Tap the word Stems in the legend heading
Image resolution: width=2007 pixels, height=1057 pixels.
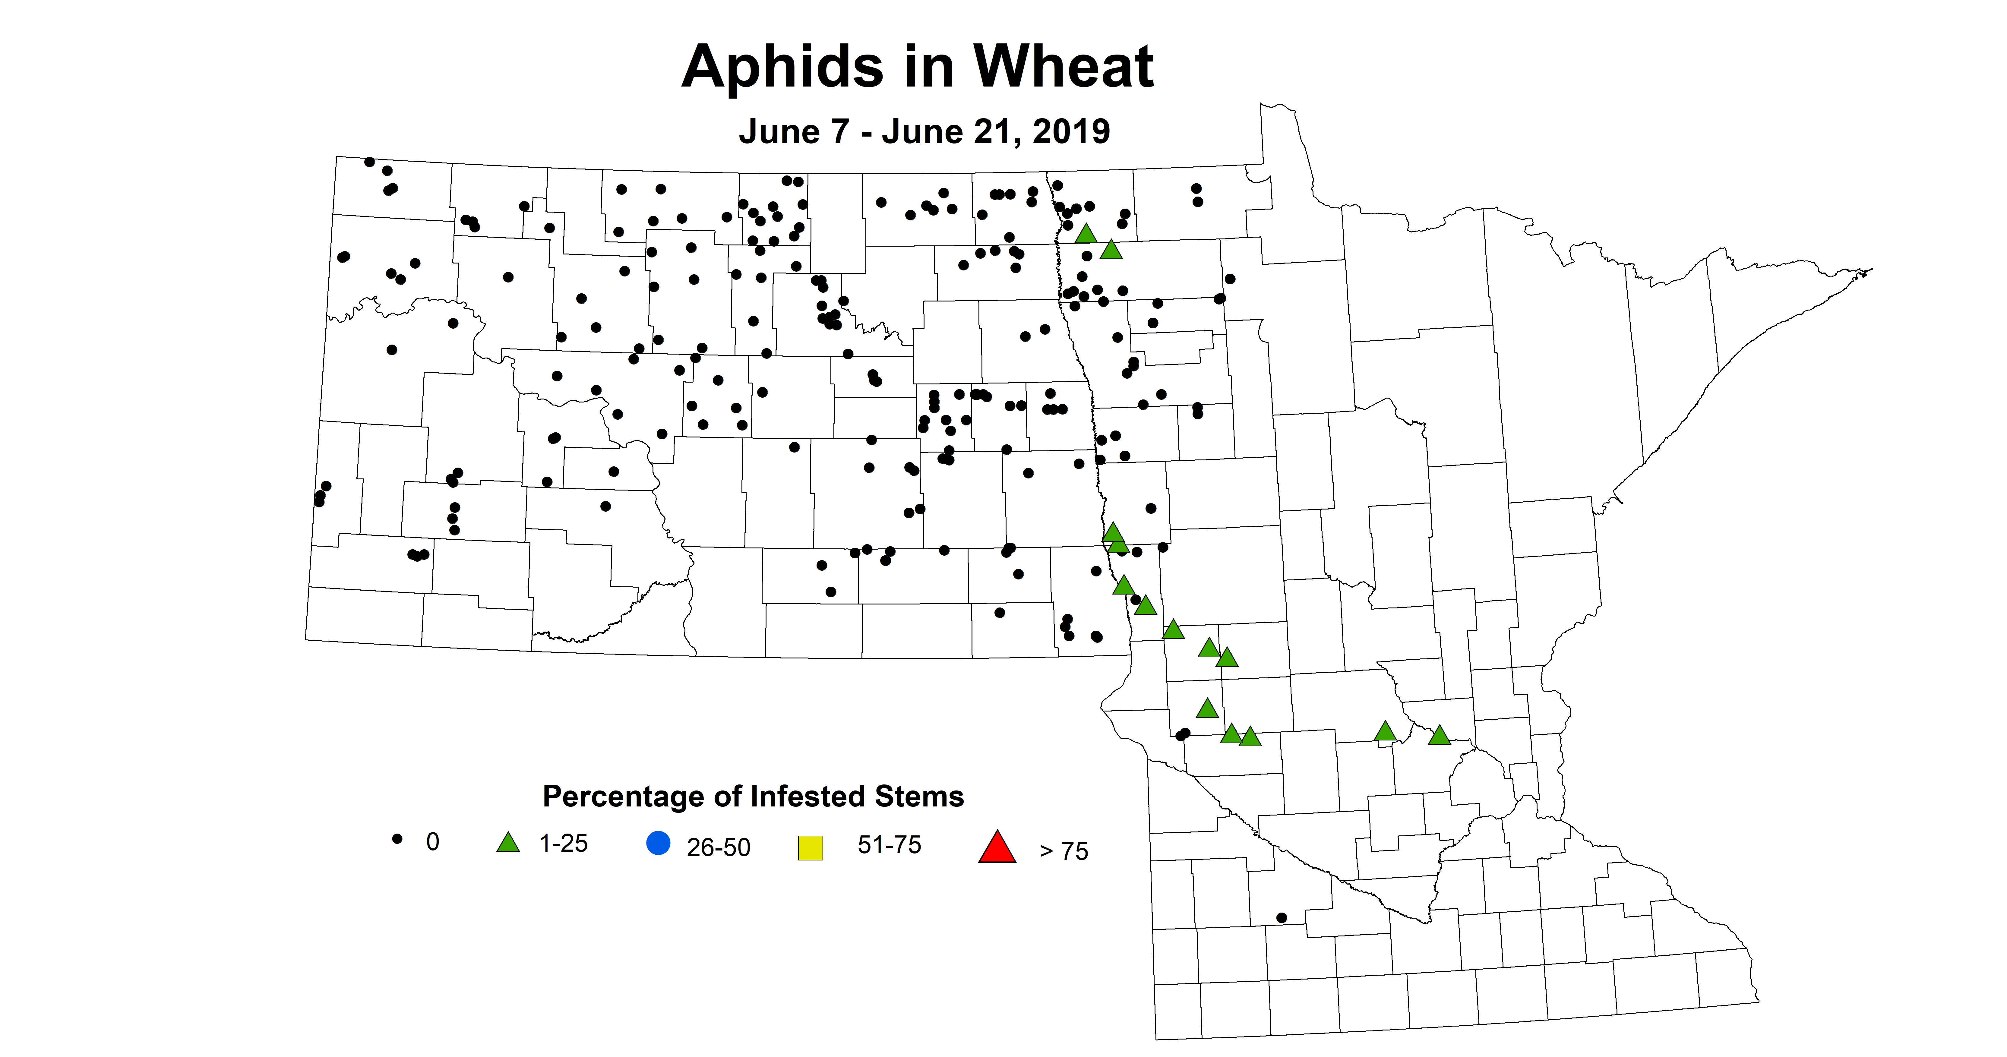click(919, 797)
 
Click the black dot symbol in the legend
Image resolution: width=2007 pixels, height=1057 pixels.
click(397, 839)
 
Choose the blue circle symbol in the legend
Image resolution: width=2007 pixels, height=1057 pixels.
click(658, 844)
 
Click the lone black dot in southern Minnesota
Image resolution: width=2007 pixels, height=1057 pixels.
click(1282, 918)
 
